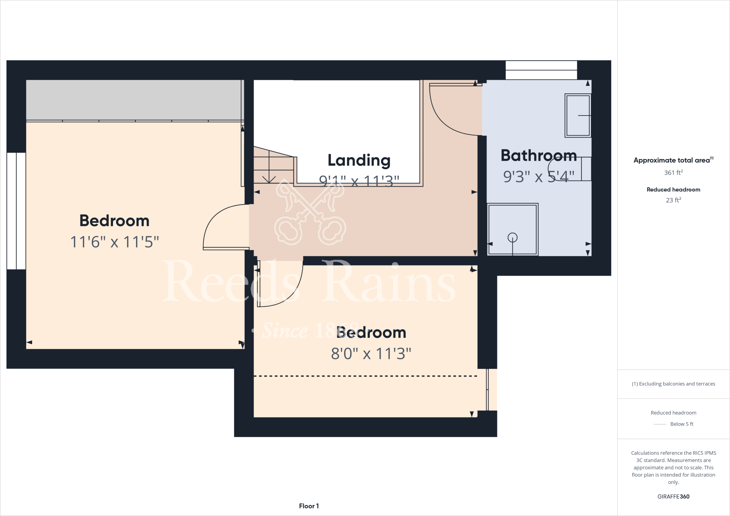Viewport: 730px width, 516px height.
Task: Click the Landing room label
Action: point(359,160)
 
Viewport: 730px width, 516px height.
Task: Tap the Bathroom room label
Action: point(538,156)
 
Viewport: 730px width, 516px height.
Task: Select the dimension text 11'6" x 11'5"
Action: point(114,242)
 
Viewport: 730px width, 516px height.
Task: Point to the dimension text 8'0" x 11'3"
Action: point(371,354)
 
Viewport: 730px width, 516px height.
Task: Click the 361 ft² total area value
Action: point(673,172)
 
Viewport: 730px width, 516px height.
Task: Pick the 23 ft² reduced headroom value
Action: point(673,200)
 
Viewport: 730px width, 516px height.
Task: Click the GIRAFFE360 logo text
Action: point(673,496)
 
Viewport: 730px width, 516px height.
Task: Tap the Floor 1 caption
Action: point(309,506)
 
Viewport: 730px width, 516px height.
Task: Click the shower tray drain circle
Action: point(512,237)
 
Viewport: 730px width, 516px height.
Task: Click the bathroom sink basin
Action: point(577,115)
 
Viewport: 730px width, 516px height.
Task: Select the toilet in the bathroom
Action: point(570,169)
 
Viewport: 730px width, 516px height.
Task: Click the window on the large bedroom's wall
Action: point(16,211)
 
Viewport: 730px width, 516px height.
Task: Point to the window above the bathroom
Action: point(541,70)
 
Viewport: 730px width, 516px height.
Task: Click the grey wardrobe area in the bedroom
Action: point(134,100)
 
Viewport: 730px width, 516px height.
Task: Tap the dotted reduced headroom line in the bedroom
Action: point(365,376)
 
